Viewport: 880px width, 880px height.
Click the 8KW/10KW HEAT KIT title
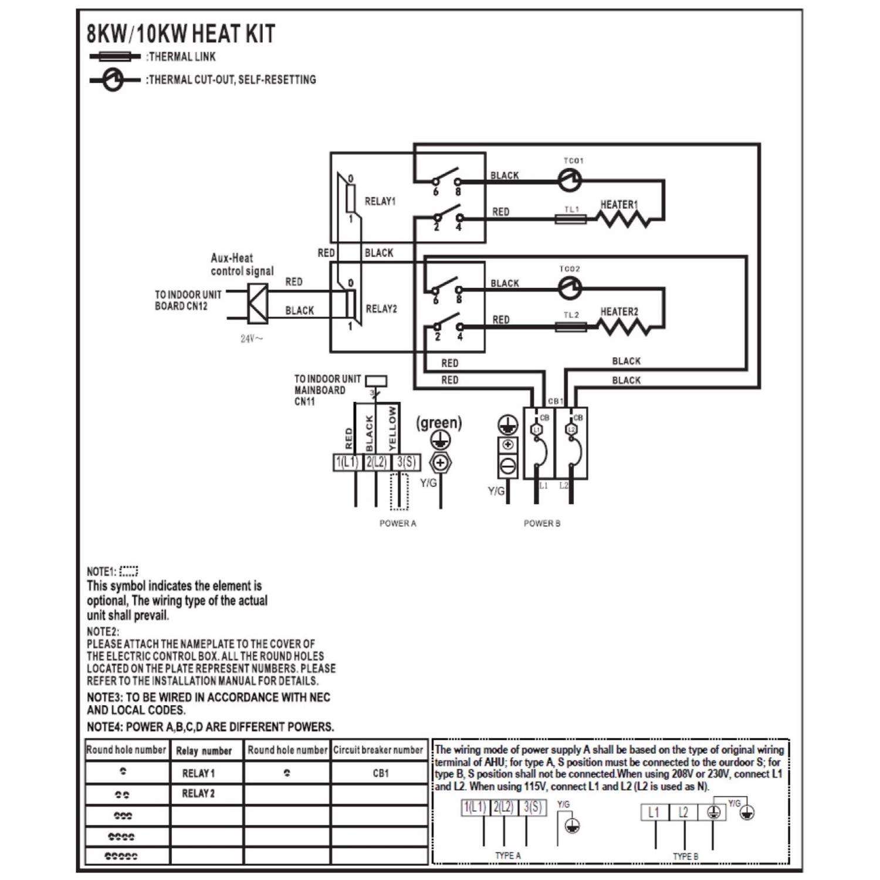(181, 34)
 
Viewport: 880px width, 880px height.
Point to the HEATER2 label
(619, 312)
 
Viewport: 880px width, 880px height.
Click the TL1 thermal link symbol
(571, 219)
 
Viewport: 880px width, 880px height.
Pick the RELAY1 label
(380, 201)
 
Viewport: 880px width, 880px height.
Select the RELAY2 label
(381, 309)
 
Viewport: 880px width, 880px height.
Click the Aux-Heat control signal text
(242, 265)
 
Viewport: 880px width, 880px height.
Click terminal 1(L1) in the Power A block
(347, 462)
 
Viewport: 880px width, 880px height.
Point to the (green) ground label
(439, 422)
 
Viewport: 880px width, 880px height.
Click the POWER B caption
(541, 523)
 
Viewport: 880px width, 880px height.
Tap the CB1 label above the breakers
(555, 401)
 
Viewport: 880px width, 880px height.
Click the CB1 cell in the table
(381, 773)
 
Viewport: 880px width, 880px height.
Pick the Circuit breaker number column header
(378, 750)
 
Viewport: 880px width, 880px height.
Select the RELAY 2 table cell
(198, 794)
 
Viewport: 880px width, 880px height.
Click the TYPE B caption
(685, 856)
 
